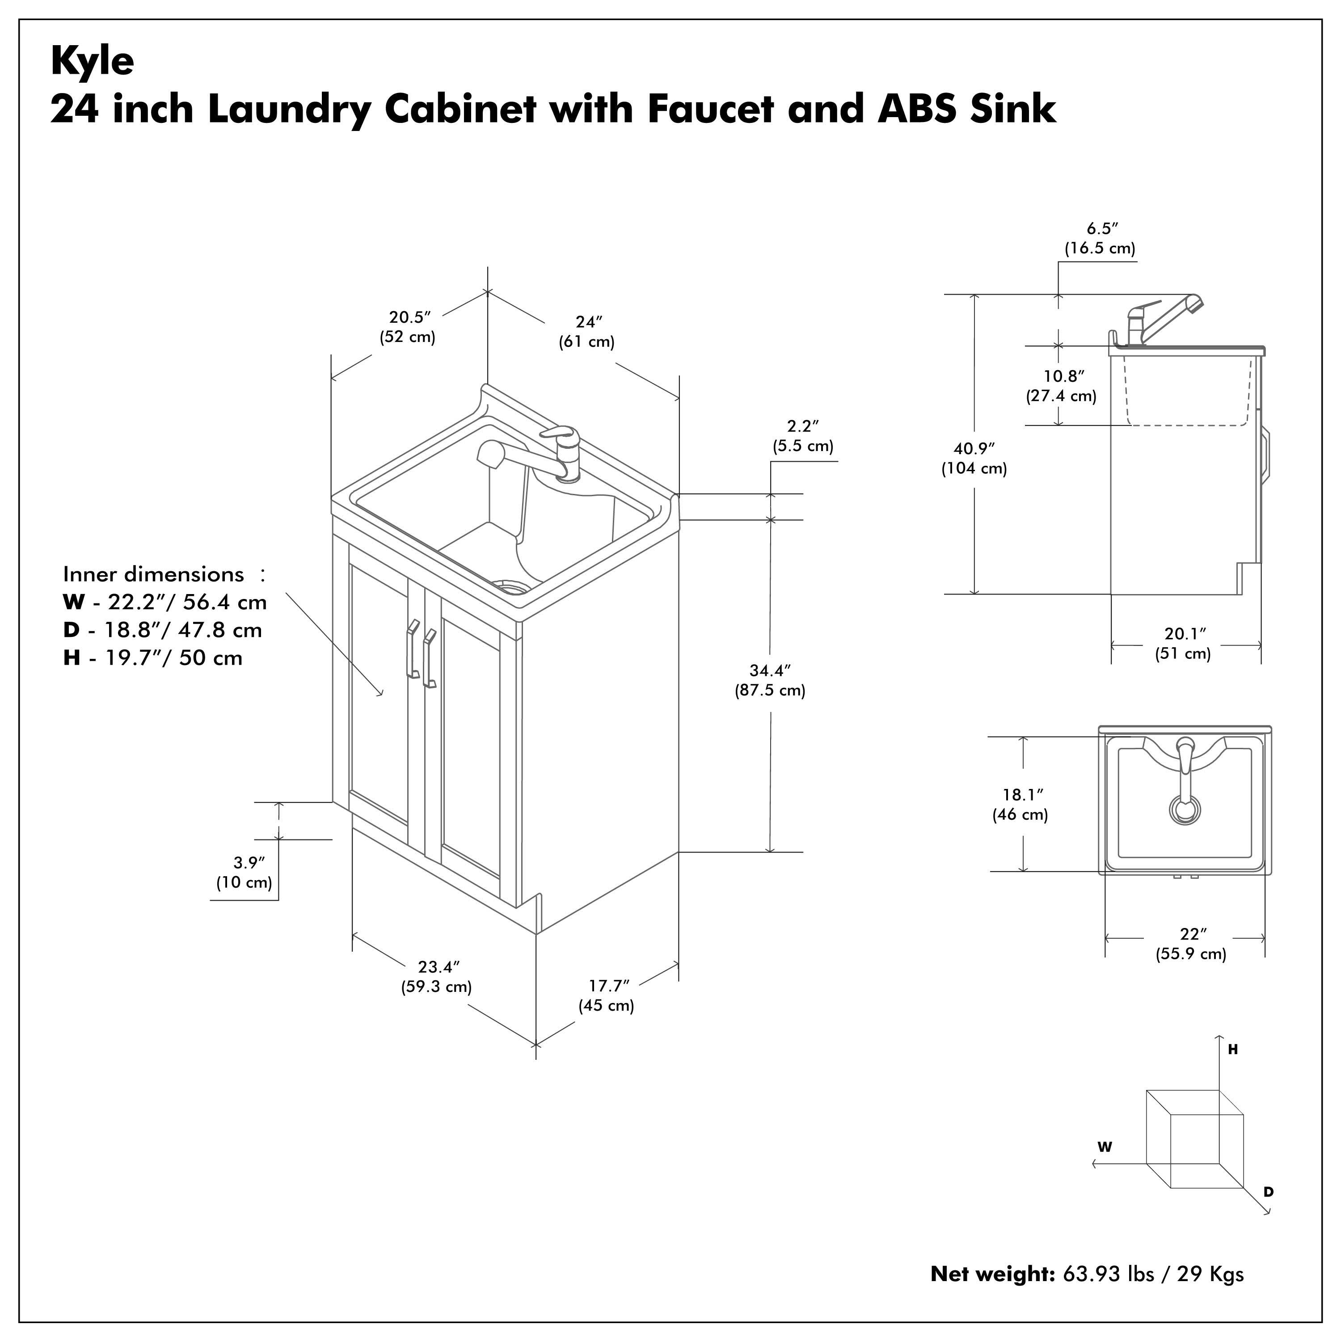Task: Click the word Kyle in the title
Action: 93,61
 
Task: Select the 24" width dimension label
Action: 587,332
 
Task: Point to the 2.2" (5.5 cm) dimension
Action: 803,436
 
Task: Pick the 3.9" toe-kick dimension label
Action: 245,873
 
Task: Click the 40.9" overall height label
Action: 974,458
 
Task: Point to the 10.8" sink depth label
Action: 1061,386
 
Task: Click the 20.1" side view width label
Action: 1184,643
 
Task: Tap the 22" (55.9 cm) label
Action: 1191,944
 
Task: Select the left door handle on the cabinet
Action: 412,648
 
